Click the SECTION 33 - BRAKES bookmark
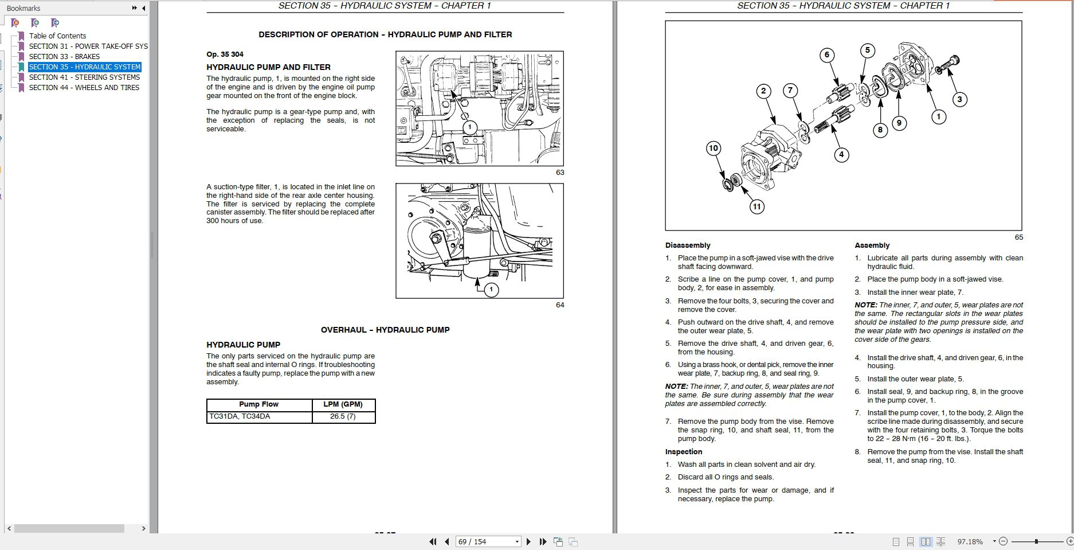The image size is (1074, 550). click(x=64, y=57)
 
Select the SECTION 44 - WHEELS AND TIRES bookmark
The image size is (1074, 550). click(x=84, y=88)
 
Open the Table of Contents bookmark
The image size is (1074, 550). click(x=57, y=36)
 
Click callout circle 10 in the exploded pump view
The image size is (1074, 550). click(x=713, y=148)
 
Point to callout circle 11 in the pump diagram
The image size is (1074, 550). click(x=756, y=206)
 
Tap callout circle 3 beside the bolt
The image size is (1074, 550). click(x=959, y=99)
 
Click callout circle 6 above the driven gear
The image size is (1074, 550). click(x=826, y=55)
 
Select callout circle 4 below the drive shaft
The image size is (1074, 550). click(x=841, y=154)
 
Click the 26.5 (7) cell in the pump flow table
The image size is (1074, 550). click(x=343, y=416)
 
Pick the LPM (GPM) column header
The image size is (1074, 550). click(x=343, y=404)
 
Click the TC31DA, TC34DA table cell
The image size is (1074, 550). click(x=240, y=416)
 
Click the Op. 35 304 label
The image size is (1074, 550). click(x=225, y=54)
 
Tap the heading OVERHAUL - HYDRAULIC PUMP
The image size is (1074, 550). click(x=385, y=330)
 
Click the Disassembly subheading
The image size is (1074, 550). click(x=687, y=245)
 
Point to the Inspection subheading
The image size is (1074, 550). click(x=683, y=452)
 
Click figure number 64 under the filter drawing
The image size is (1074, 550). click(x=560, y=305)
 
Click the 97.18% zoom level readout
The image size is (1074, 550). click(x=970, y=541)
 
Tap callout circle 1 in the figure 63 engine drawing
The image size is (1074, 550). click(x=470, y=127)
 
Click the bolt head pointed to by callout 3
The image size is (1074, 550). click(x=954, y=60)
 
